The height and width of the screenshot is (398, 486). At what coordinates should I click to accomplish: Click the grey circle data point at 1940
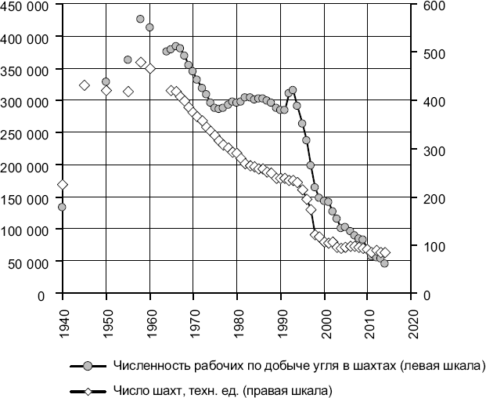tap(62, 207)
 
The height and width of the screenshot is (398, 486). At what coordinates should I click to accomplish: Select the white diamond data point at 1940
tap(62, 185)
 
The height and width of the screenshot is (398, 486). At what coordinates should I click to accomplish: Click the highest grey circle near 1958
tap(140, 19)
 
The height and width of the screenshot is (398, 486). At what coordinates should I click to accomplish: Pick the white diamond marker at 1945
tap(84, 85)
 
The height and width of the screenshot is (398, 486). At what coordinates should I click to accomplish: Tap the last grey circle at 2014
tap(384, 263)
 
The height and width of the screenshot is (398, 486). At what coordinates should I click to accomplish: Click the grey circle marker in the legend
tap(88, 366)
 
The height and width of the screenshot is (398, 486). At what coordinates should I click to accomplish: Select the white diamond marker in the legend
tap(88, 389)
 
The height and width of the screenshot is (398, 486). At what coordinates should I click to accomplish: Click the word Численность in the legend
tap(146, 366)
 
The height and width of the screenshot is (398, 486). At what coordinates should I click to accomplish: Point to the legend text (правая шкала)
tap(292, 389)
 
